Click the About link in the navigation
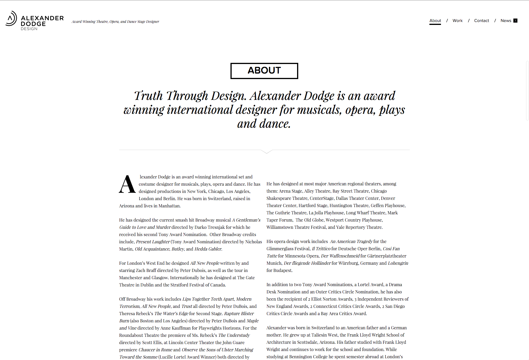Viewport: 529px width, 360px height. [435, 21]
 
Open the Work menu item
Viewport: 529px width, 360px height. [457, 21]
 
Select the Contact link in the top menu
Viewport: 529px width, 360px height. [481, 21]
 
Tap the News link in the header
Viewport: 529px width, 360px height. [506, 21]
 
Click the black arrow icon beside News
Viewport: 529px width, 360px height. [515, 21]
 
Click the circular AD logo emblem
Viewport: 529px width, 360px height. [11, 19]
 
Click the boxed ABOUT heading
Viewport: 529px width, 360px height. [264, 71]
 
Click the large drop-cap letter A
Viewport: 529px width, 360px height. [127, 184]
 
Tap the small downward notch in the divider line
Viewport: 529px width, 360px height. [267, 151]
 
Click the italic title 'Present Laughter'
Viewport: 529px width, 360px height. [153, 242]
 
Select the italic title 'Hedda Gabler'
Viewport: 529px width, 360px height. [208, 249]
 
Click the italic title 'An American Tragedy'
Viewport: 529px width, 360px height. [351, 241]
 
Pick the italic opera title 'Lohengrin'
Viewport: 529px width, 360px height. [398, 263]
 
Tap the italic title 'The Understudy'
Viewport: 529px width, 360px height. [234, 335]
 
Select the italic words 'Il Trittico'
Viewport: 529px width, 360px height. [321, 248]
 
